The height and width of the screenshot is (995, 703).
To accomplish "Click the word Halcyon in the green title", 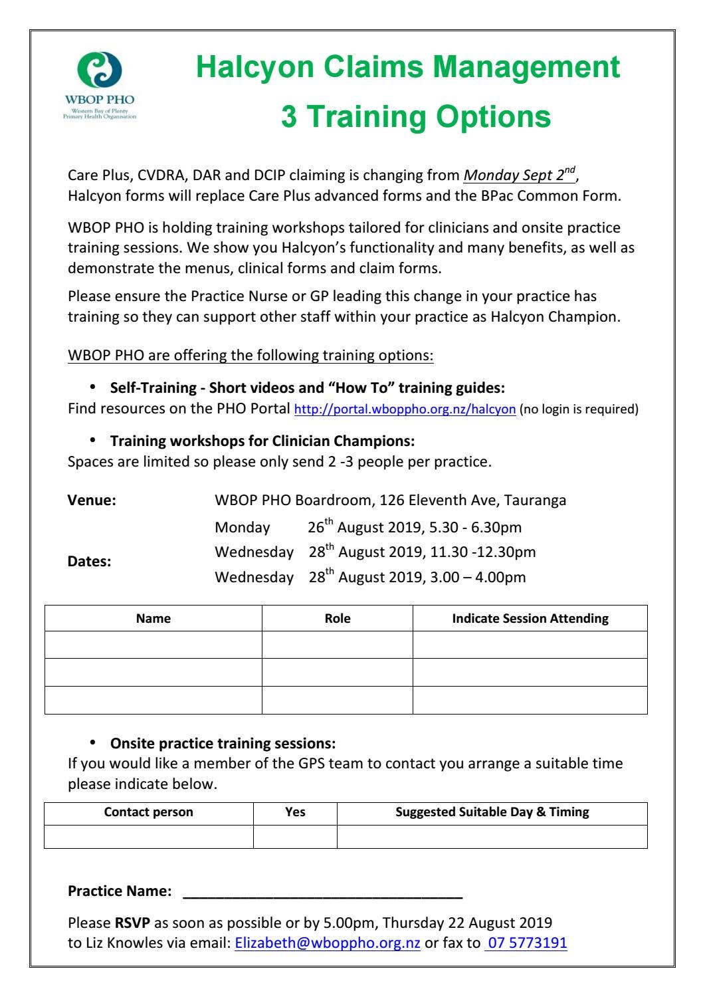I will pos(255,67).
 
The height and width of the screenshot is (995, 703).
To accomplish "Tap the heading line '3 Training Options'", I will pos(416,116).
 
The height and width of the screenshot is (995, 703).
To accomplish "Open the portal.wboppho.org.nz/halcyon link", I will pos(405,409).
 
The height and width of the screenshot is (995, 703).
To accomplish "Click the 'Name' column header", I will pos(153,618).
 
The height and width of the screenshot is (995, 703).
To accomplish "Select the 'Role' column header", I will pos(338,618).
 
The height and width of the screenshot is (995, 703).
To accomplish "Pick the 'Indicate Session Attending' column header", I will pos(530,618).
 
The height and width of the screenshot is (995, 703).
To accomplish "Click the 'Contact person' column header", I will pos(149,812).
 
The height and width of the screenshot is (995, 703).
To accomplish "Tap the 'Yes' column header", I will pos(295,812).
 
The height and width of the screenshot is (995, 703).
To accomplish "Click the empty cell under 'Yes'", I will pos(295,836).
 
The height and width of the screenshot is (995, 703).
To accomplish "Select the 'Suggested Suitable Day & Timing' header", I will pos(492,812).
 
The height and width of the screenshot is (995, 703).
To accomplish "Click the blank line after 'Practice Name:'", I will pos(322,892).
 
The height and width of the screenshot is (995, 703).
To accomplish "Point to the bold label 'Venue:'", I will pos(92,501).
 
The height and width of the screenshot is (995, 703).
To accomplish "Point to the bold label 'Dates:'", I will pos(90,562).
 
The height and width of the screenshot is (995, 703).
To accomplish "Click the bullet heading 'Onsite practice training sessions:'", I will pos(223,744).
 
